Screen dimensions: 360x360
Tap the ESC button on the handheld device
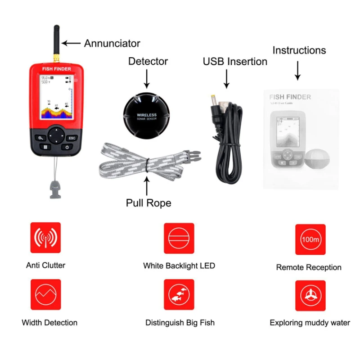click(72, 138)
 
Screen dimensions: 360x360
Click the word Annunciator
click(112, 44)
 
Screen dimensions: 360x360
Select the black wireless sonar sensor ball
click(147, 113)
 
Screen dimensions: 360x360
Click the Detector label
click(148, 61)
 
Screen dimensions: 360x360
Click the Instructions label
click(299, 50)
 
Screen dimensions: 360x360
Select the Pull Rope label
click(148, 203)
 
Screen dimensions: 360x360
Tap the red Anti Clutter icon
click(45, 238)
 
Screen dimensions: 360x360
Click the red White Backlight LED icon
click(179, 238)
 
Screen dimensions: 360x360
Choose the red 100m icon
click(310, 239)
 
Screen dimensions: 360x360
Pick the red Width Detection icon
click(45, 294)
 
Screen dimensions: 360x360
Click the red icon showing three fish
click(179, 294)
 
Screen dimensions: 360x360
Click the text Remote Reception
click(309, 267)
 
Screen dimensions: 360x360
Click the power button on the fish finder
click(67, 147)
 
